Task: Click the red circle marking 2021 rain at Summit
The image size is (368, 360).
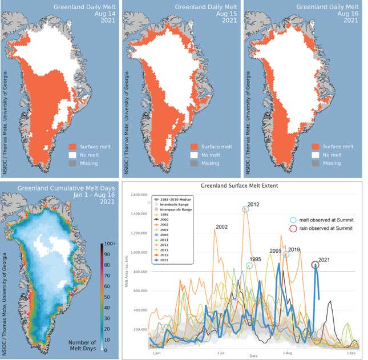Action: [x=315, y=265]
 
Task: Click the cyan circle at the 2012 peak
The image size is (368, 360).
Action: [x=246, y=209]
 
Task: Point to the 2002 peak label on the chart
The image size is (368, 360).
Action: [x=221, y=226]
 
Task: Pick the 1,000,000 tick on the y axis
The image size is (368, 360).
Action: [x=135, y=252]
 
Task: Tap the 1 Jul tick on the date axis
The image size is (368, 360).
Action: [x=221, y=354]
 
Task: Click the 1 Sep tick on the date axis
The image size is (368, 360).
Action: [x=352, y=354]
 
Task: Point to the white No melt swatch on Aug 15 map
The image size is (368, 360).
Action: [x=195, y=155]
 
